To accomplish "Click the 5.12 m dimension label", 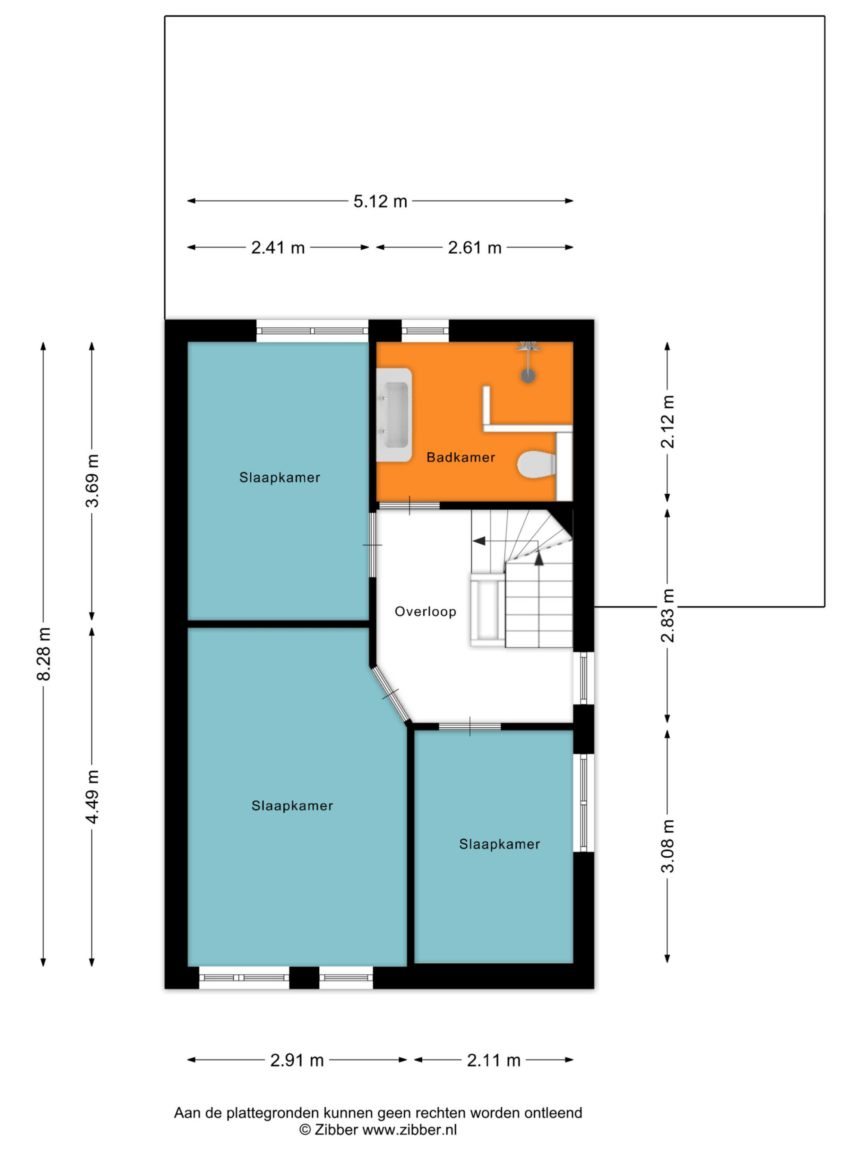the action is [x=380, y=201].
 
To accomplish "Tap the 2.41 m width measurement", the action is [x=278, y=248].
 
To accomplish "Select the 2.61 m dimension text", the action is [x=475, y=248].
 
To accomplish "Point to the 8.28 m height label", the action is [x=44, y=654].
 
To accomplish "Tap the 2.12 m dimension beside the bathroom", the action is [x=667, y=422].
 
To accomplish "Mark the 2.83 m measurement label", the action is [x=667, y=616].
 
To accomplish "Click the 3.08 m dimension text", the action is [x=667, y=846].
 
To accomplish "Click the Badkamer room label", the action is [x=461, y=457].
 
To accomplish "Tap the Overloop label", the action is [x=425, y=611].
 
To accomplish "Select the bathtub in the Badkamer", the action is [x=394, y=415].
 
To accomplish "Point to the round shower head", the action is [x=528, y=376].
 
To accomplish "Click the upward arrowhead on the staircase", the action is [x=538, y=558].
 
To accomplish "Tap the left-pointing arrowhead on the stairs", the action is [x=479, y=541].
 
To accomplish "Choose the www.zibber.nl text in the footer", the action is [x=409, y=1130].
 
